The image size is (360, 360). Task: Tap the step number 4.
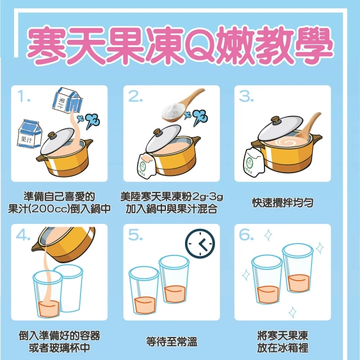(23, 235)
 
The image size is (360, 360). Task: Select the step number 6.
(246, 235)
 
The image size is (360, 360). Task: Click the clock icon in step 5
(200, 244)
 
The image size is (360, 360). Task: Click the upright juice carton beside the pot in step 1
(30, 134)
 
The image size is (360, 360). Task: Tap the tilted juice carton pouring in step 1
(67, 101)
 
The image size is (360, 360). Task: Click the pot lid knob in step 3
(276, 120)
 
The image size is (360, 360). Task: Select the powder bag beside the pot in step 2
(146, 164)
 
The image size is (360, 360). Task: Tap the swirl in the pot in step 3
(289, 142)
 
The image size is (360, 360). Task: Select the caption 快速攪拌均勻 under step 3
(282, 202)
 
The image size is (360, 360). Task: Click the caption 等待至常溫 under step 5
(172, 341)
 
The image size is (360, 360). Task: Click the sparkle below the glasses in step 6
(292, 312)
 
